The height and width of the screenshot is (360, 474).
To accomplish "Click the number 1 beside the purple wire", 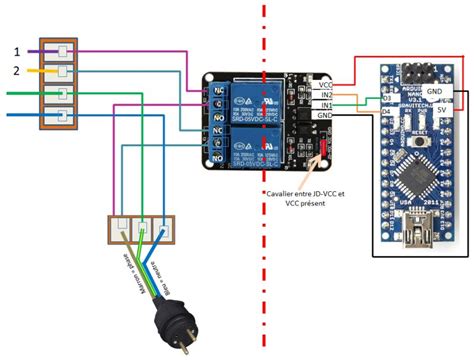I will [x=15, y=50].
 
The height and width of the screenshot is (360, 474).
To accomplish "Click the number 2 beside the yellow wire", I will [x=15, y=71].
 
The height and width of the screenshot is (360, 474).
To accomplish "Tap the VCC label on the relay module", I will [x=325, y=86].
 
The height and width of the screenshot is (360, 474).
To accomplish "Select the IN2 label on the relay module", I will [x=325, y=96].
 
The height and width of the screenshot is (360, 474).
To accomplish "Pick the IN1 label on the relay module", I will [x=325, y=105].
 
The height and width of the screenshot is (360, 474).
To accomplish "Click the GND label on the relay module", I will [x=325, y=115].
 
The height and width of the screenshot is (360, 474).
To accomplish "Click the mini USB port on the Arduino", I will [x=410, y=239].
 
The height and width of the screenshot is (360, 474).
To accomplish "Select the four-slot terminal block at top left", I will [x=56, y=84].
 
